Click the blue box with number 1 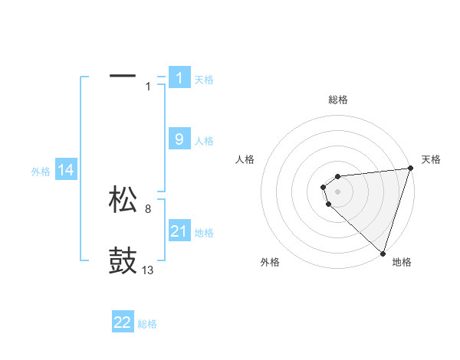pyautogui.click(x=179, y=78)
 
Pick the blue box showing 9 pyautogui.click(x=179, y=139)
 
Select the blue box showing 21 pyautogui.click(x=179, y=231)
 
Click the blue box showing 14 pyautogui.click(x=66, y=171)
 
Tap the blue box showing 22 pyautogui.click(x=123, y=322)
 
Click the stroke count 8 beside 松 pyautogui.click(x=148, y=208)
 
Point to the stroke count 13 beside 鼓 pyautogui.click(x=148, y=270)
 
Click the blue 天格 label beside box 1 pyautogui.click(x=204, y=80)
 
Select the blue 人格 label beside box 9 pyautogui.click(x=204, y=141)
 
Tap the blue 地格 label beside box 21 pyautogui.click(x=204, y=233)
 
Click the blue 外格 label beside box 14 pyautogui.click(x=41, y=172)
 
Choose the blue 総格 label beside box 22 pyautogui.click(x=147, y=324)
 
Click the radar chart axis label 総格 pyautogui.click(x=337, y=100)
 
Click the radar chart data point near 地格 pyautogui.click(x=382, y=254)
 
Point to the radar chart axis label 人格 pyautogui.click(x=245, y=159)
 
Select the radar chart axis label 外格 pyautogui.click(x=270, y=262)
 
